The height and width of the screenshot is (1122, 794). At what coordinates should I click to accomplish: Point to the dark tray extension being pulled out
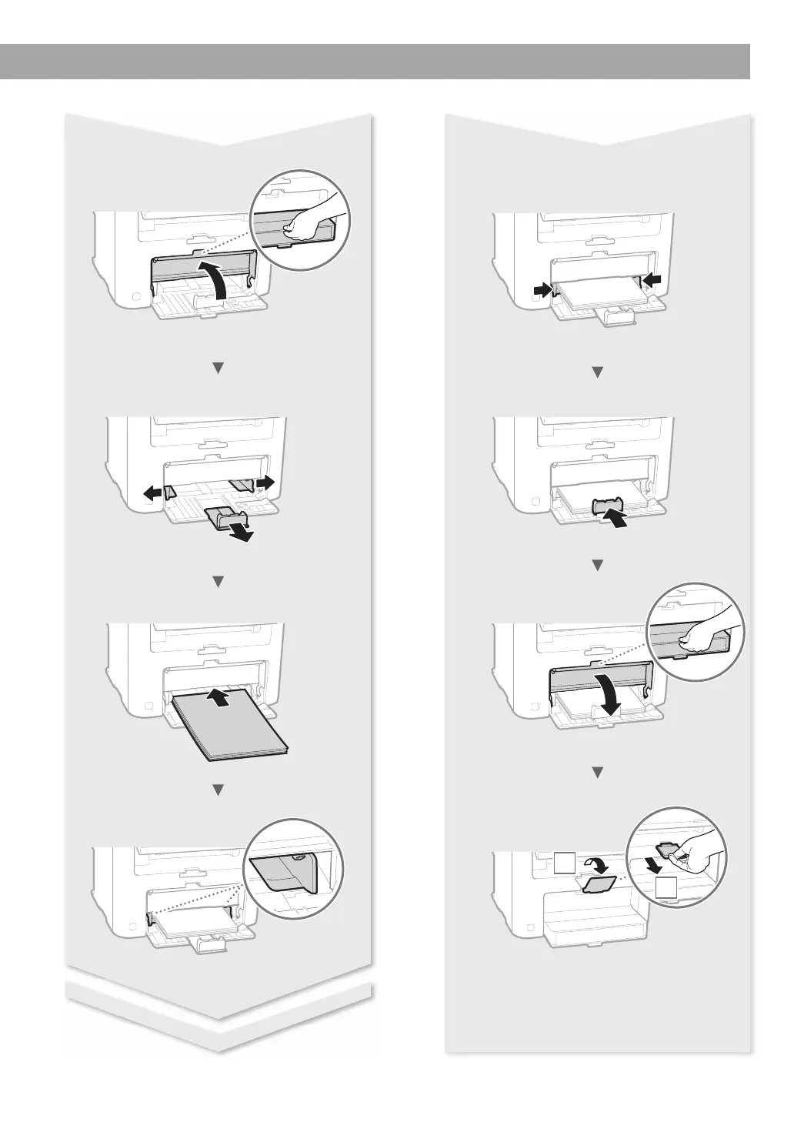click(x=224, y=519)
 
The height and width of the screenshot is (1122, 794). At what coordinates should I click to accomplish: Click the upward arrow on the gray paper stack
click(x=221, y=699)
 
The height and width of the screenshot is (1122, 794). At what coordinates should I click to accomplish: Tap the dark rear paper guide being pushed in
click(x=609, y=506)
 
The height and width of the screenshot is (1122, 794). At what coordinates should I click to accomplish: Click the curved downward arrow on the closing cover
click(x=612, y=697)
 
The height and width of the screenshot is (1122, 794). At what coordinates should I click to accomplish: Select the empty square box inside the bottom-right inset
click(x=667, y=888)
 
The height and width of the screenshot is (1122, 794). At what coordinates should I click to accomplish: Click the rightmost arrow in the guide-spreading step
click(x=265, y=482)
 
